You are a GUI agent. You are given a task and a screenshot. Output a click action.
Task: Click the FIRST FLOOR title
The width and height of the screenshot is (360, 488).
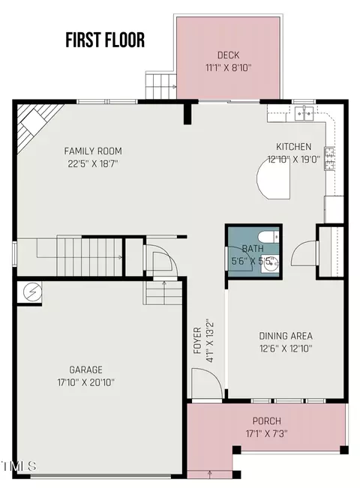click(x=105, y=40)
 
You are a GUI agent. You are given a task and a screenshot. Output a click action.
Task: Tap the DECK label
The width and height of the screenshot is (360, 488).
click(x=228, y=55)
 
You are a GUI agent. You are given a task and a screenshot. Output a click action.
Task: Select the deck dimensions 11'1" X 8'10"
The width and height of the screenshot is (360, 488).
click(x=228, y=67)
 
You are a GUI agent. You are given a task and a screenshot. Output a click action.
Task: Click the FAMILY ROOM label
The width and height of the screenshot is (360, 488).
click(x=93, y=151)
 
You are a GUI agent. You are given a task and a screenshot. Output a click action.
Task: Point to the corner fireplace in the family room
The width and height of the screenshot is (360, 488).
click(x=37, y=124)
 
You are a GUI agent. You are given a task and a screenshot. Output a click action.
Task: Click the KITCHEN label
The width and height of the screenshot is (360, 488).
click(x=294, y=147)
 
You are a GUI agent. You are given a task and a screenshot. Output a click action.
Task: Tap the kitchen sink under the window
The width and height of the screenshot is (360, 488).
click(x=304, y=113)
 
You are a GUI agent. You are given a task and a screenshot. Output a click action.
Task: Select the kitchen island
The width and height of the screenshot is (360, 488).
click(x=274, y=181)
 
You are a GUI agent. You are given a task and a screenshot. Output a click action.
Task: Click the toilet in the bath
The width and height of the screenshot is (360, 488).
click(x=269, y=237)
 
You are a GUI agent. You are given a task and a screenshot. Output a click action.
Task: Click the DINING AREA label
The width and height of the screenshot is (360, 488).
click(x=286, y=336)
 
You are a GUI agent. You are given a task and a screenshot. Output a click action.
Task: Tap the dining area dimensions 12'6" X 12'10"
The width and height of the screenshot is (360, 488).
click(x=286, y=349)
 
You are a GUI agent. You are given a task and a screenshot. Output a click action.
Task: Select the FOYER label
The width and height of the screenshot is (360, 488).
click(x=197, y=340)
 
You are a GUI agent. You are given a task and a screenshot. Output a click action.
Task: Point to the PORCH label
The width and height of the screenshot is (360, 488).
click(x=266, y=421)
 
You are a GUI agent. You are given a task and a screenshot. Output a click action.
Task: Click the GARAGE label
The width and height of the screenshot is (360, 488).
click(x=85, y=370)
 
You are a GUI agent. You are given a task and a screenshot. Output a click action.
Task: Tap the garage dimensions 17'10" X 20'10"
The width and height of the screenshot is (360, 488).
click(x=86, y=382)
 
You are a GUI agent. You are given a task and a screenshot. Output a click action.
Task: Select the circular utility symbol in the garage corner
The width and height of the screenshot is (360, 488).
click(x=32, y=292)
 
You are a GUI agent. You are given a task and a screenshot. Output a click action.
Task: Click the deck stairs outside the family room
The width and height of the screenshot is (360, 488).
click(x=161, y=85)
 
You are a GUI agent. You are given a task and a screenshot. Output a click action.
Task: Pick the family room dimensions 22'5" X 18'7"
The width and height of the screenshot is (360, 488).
click(x=93, y=163)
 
